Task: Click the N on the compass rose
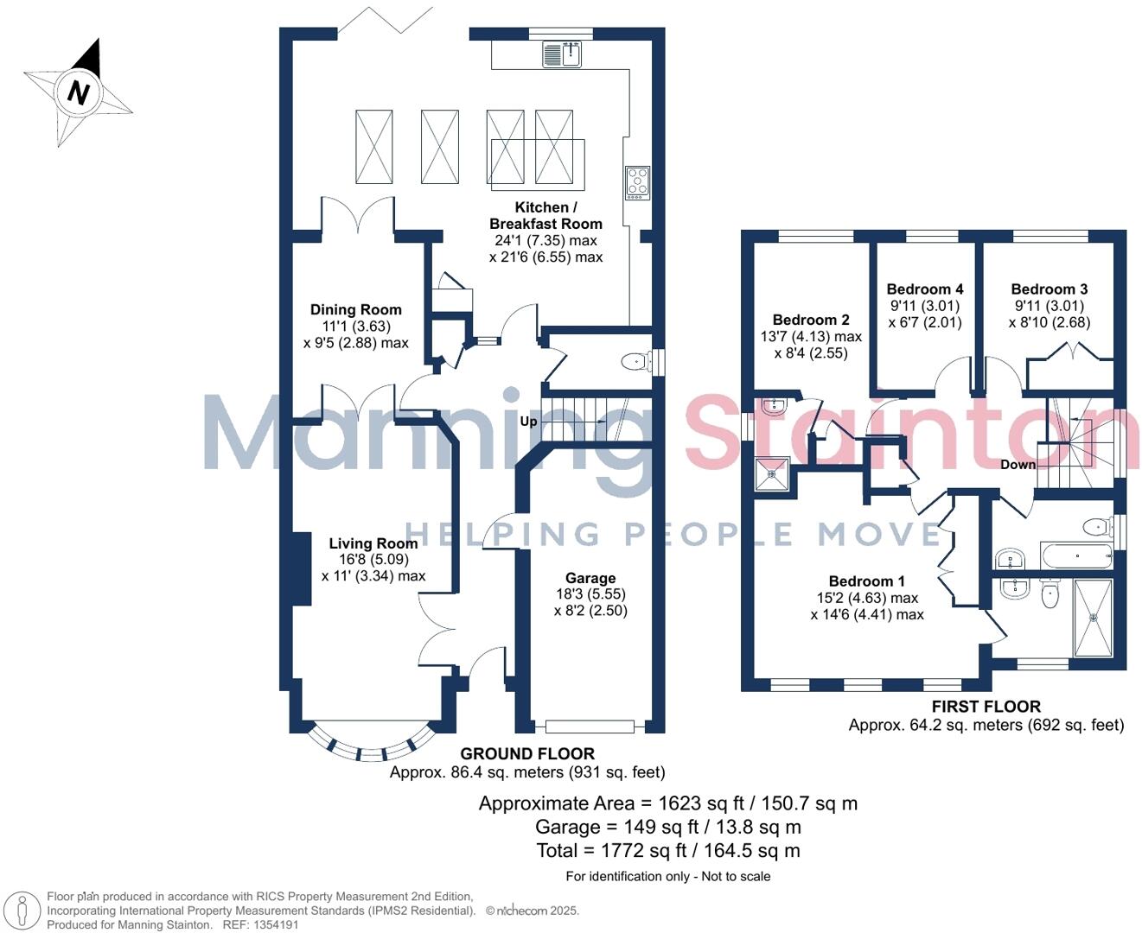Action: point(79,92)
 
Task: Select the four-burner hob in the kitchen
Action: point(637,182)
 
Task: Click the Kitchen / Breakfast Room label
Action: point(545,215)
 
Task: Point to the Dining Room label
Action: point(355,309)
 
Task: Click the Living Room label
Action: point(373,543)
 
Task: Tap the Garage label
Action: point(590,578)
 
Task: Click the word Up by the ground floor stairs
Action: point(528,422)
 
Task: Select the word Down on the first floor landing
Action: point(1018,465)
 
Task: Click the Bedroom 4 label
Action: point(924,289)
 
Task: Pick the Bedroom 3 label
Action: point(1049,289)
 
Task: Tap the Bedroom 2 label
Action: point(810,320)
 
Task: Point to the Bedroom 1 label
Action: point(866,581)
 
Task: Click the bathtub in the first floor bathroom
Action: point(1075,555)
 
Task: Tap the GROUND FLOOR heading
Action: point(526,753)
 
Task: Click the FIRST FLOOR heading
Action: point(986,707)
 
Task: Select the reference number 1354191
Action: point(272,924)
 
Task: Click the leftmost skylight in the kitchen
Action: point(373,146)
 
